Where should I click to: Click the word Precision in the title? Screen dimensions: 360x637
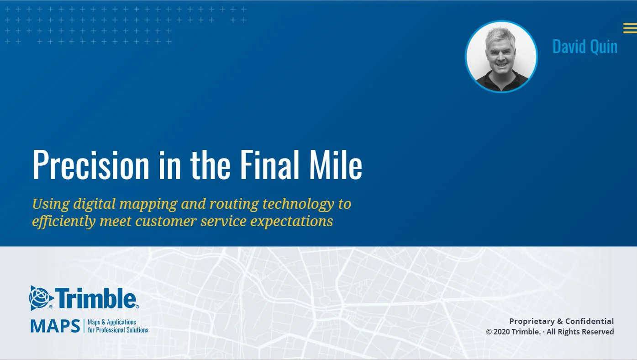pyautogui.click(x=91, y=165)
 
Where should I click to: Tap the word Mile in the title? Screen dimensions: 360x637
pyautogui.click(x=336, y=165)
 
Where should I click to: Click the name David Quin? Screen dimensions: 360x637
pyautogui.click(x=584, y=47)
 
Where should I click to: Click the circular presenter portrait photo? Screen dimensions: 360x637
pyautogui.click(x=501, y=57)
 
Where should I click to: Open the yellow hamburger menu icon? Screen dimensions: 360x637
pyautogui.click(x=629, y=28)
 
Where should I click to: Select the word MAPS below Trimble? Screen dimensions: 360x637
pyautogui.click(x=55, y=326)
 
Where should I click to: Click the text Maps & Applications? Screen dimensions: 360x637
pyautogui.click(x=112, y=322)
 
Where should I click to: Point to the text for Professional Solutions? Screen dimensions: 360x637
pyautogui.click(x=118, y=330)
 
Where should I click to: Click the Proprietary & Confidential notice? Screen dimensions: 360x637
pyautogui.click(x=561, y=321)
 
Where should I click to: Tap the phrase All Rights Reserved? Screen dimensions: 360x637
pyautogui.click(x=580, y=332)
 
